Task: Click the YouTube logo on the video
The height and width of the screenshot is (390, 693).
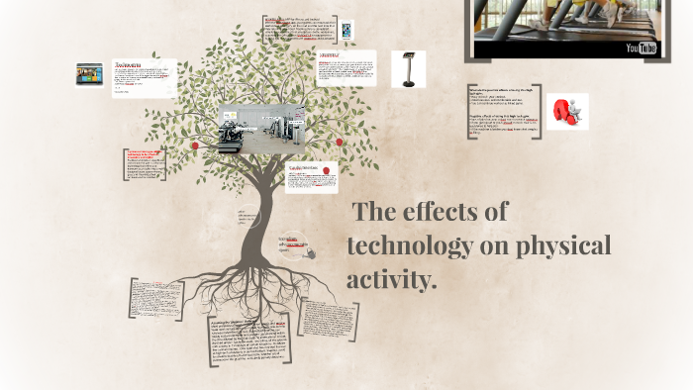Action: point(641,48)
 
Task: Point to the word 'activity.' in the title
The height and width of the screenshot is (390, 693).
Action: point(391,280)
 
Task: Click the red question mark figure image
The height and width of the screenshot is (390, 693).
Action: point(567,112)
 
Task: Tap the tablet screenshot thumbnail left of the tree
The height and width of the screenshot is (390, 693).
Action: point(90,74)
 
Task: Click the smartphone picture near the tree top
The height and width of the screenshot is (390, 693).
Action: point(347,31)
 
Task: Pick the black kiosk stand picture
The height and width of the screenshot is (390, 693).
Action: point(408,69)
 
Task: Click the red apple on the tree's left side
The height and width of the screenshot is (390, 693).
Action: point(195,146)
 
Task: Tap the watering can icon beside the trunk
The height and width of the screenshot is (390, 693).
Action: point(309,252)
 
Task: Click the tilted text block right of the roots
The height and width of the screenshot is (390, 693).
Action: point(330,321)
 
